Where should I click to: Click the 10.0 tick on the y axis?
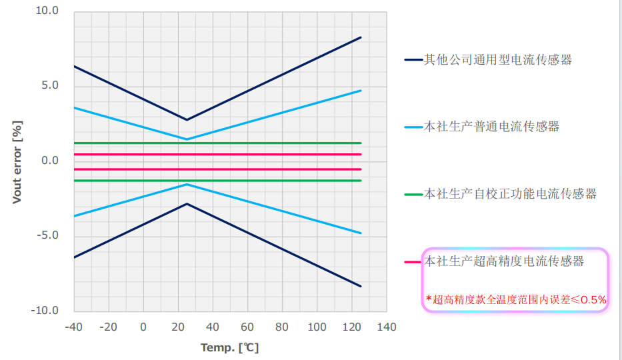click(x=47, y=11)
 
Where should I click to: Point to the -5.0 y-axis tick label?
click(x=47, y=235)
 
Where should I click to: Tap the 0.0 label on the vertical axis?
click(x=50, y=161)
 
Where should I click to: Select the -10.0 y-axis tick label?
click(x=45, y=311)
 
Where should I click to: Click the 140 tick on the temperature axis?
click(x=387, y=327)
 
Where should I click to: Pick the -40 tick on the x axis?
click(x=74, y=327)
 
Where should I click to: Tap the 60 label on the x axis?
click(x=247, y=327)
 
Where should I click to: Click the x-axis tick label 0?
click(x=143, y=327)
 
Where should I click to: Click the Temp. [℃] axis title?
click(x=230, y=348)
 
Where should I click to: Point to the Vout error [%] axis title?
click(x=17, y=162)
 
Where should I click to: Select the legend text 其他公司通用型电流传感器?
click(x=498, y=60)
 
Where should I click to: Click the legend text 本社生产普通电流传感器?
click(x=491, y=127)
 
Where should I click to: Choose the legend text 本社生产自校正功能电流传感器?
click(x=510, y=194)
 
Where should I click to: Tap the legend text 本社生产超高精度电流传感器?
click(x=504, y=261)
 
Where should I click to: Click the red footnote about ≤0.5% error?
click(x=516, y=299)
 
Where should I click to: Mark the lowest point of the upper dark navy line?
click(x=187, y=120)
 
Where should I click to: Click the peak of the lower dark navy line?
click(x=187, y=204)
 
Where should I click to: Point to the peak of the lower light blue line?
click(x=187, y=185)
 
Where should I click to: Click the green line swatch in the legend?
click(x=413, y=194)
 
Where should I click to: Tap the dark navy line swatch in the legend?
click(x=413, y=60)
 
